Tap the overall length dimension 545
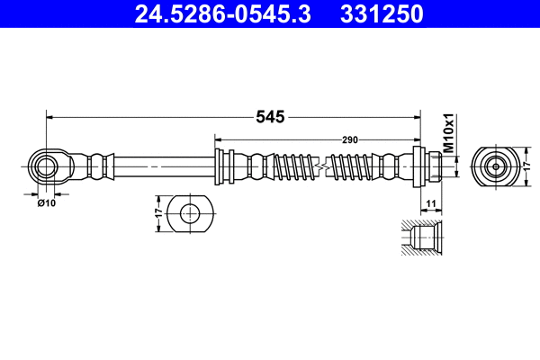pyautogui.click(x=270, y=116)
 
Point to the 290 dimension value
pyautogui.click(x=350, y=139)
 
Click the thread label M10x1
pyautogui.click(x=447, y=131)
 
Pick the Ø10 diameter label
pyautogui.click(x=46, y=203)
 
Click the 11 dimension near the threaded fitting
pyautogui.click(x=431, y=204)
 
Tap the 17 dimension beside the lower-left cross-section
pyautogui.click(x=160, y=214)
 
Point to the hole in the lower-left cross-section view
pyautogui.click(x=190, y=214)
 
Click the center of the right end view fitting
pyautogui.click(x=494, y=166)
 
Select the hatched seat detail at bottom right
pyautogui.click(x=419, y=238)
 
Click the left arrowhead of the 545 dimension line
pyautogui.click(x=50, y=116)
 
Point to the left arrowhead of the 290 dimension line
pyautogui.click(x=219, y=139)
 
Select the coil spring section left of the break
pyautogui.click(x=293, y=166)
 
